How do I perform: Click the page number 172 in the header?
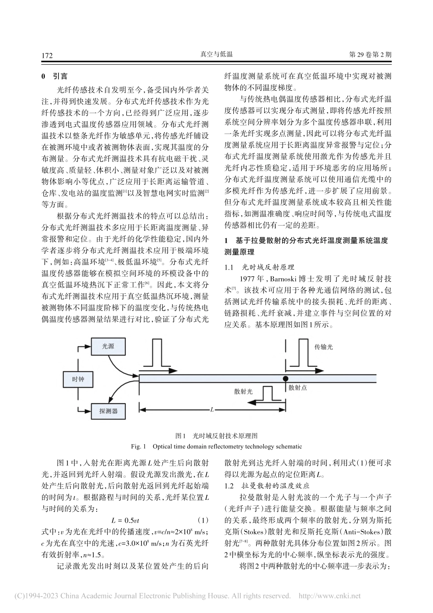pos(47,56)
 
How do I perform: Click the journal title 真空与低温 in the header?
pos(216,55)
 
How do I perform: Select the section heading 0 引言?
pos(54,76)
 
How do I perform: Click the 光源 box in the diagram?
pos(108,347)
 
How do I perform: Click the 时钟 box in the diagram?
pos(78,379)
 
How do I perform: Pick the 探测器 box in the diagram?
pos(108,411)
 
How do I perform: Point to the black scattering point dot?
pos(286,379)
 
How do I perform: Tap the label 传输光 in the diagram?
pos(324,347)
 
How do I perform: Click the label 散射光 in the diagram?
pos(243,391)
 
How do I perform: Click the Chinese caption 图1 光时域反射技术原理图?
pos(216,436)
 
